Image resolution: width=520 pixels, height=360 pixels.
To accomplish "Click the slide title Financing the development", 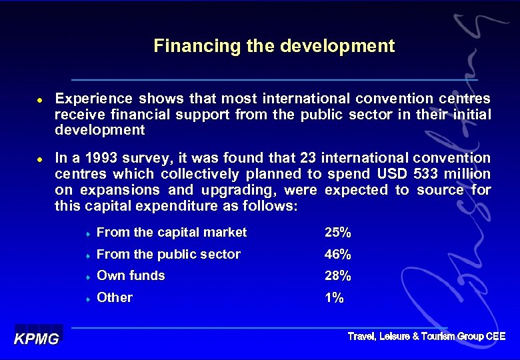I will (274, 46).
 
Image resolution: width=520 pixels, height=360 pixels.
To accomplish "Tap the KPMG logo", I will (37, 338).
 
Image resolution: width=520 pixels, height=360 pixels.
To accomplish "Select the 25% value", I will (337, 233).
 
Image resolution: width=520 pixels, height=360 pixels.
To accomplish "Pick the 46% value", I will (337, 254).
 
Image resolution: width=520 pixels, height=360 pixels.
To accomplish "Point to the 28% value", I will (337, 275).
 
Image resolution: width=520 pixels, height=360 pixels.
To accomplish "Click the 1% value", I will (334, 297).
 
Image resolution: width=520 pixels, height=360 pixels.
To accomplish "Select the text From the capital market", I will (171, 233).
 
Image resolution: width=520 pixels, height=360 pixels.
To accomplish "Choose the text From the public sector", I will (168, 254).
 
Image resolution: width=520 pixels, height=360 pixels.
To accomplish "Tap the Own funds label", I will (131, 275).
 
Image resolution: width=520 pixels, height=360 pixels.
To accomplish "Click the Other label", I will (115, 297).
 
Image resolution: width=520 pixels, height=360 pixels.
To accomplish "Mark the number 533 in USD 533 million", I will (424, 174).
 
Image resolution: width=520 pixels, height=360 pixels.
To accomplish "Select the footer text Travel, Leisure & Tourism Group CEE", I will (427, 337).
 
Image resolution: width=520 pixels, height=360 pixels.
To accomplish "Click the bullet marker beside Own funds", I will (87, 277).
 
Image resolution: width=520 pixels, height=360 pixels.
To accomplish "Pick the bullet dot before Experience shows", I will (39, 99).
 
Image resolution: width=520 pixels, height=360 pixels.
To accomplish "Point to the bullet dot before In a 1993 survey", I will (39, 159).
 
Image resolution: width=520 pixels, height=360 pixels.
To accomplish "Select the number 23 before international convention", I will (307, 158).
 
